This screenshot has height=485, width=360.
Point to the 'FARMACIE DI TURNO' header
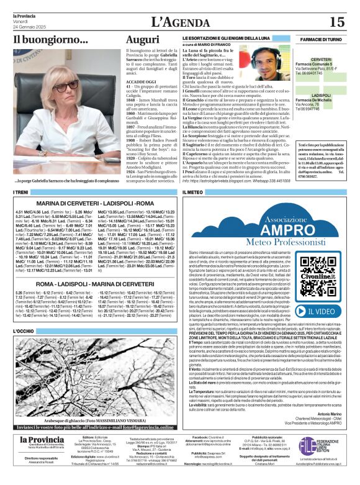point(321,39)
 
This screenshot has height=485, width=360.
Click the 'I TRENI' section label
point(22,193)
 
